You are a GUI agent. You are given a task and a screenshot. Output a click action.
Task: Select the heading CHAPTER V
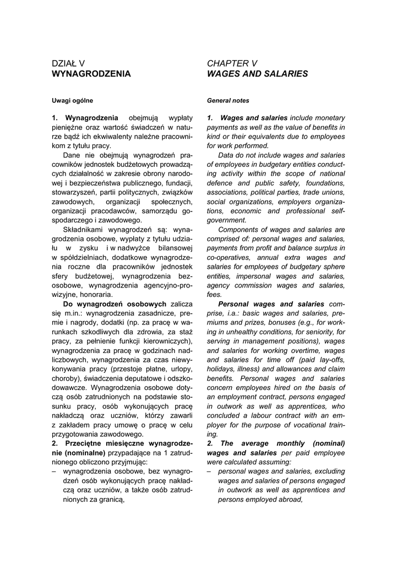[232, 63]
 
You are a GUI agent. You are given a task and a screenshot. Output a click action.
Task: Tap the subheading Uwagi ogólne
[73, 101]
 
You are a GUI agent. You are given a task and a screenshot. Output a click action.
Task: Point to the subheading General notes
[228, 101]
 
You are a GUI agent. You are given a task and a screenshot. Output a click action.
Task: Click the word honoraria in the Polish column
[97, 295]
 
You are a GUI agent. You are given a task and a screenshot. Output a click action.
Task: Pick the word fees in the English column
[214, 295]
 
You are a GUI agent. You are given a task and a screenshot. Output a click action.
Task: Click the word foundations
[324, 183]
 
